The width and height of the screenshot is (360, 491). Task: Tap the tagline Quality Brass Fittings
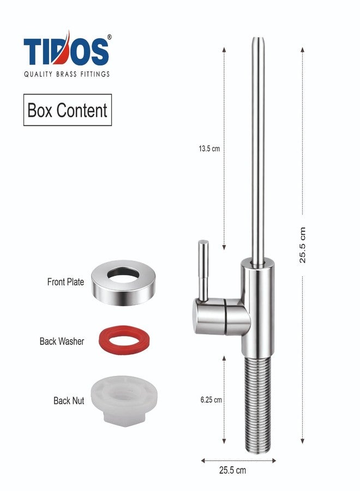[x=67, y=74]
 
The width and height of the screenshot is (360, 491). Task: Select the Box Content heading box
[x=68, y=110]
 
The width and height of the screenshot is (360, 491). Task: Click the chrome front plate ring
[x=124, y=282]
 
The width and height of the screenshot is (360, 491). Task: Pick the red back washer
[x=124, y=340]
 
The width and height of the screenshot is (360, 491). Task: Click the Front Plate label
[x=65, y=282]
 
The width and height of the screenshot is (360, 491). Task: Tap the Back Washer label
[x=62, y=341]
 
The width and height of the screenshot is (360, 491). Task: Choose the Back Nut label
[x=69, y=400]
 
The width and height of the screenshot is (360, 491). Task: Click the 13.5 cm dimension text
[x=209, y=148]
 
